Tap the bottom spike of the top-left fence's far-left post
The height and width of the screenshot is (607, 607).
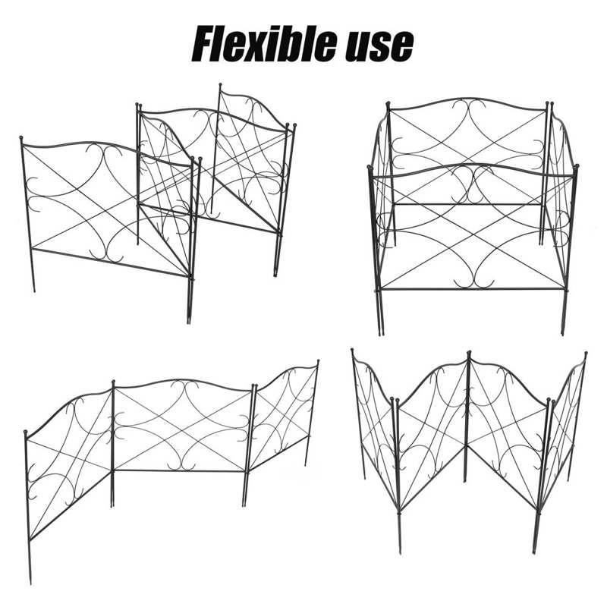(x=34, y=291)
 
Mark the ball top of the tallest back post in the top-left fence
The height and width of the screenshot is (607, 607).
(x=220, y=86)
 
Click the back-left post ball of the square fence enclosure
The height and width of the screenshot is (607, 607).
(x=388, y=102)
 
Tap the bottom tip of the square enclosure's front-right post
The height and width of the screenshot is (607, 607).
(x=563, y=334)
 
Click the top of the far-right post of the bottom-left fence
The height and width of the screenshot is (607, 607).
(x=317, y=362)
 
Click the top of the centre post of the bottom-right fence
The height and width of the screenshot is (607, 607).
(x=468, y=353)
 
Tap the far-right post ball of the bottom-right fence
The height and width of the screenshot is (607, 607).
(x=587, y=354)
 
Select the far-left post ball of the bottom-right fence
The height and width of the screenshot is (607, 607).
(x=354, y=352)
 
